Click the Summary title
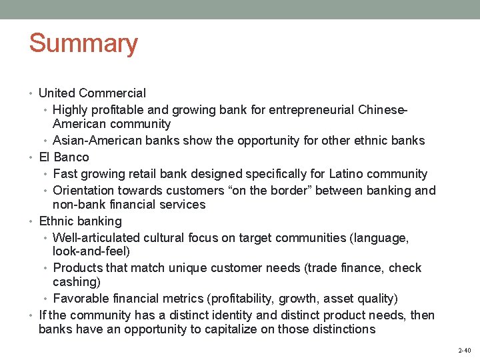(83, 44)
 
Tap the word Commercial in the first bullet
(115, 93)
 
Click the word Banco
(71, 157)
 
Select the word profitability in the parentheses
(273, 299)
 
